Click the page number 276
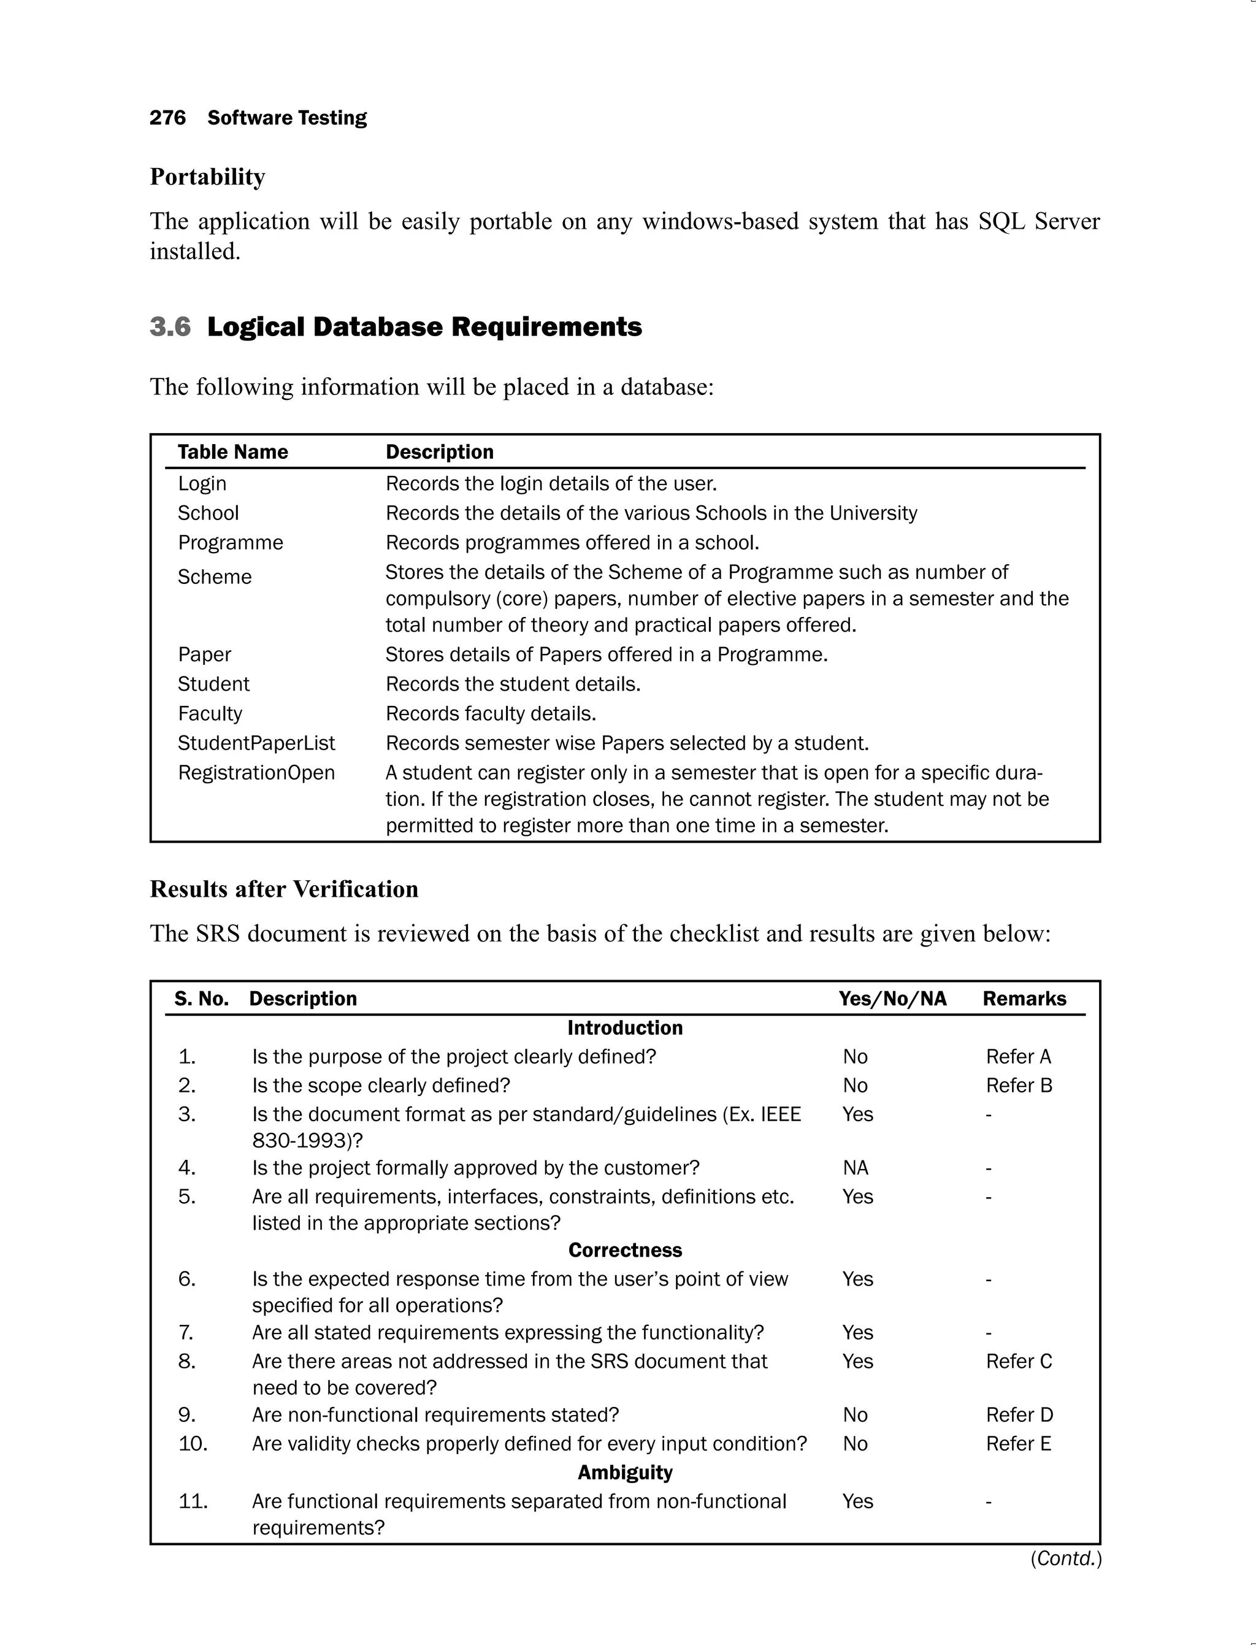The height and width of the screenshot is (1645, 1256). click(167, 118)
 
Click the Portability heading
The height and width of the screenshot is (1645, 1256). click(207, 177)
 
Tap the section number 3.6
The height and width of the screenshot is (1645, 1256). click(170, 327)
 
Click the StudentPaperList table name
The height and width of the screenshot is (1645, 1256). click(256, 743)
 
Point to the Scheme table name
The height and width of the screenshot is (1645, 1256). click(215, 577)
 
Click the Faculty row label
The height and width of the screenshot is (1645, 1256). click(210, 713)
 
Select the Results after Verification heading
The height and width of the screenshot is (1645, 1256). click(284, 889)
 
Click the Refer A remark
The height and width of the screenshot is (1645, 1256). click(1018, 1057)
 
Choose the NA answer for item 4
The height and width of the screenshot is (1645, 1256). click(856, 1168)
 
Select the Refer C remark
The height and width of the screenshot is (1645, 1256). click(1018, 1361)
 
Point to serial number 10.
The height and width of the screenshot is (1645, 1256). click(193, 1443)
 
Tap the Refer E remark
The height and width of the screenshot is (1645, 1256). click(1018, 1443)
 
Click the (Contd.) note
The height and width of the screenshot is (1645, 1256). click(1065, 1559)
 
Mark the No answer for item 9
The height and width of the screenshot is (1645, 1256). click(856, 1415)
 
